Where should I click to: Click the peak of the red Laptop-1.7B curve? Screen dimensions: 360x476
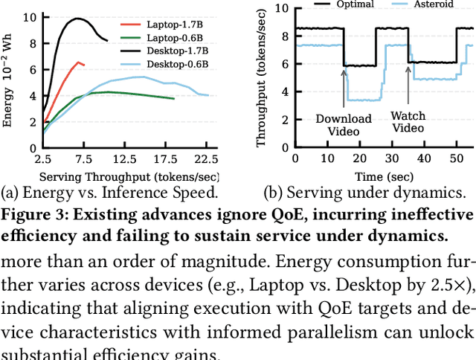tap(79, 62)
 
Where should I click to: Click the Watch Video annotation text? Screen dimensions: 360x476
tap(408, 122)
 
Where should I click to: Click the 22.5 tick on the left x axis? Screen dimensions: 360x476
tap(206, 159)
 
